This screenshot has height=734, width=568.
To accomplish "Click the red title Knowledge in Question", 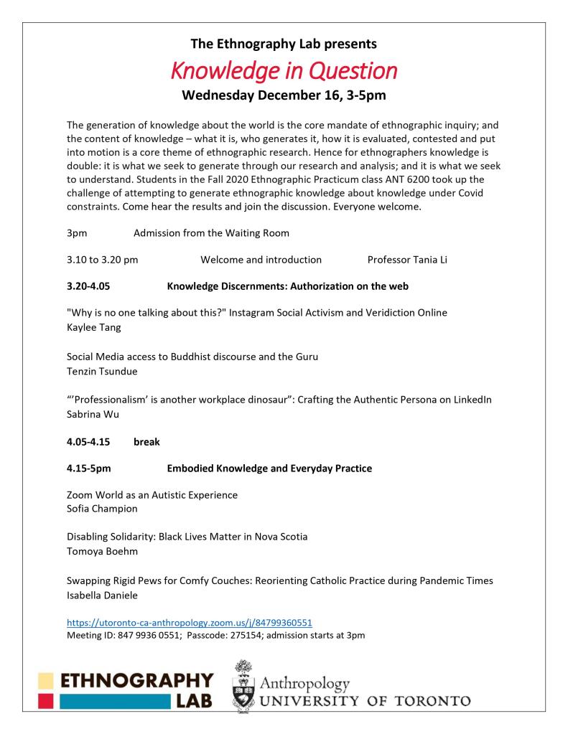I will coord(284,71).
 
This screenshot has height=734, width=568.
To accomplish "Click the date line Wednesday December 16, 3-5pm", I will coord(284,95).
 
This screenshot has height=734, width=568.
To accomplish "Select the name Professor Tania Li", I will coord(406,260).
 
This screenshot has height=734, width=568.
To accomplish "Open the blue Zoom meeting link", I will coord(189,623).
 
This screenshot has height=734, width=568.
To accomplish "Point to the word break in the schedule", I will coord(146,442).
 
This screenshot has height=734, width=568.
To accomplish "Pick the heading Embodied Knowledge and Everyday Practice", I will coord(269,469).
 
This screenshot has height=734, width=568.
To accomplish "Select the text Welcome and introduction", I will coord(261,260).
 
